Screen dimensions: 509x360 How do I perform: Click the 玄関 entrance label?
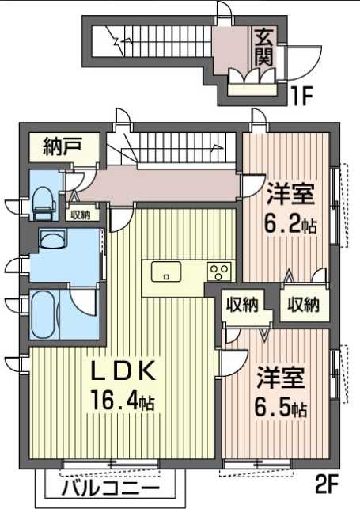tap(264, 47)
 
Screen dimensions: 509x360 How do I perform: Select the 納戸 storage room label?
tap(62, 148)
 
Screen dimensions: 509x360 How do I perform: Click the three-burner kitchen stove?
tap(219, 272)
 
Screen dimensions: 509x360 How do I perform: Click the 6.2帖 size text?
tap(290, 225)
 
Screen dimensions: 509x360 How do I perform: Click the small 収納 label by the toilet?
tap(79, 214)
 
